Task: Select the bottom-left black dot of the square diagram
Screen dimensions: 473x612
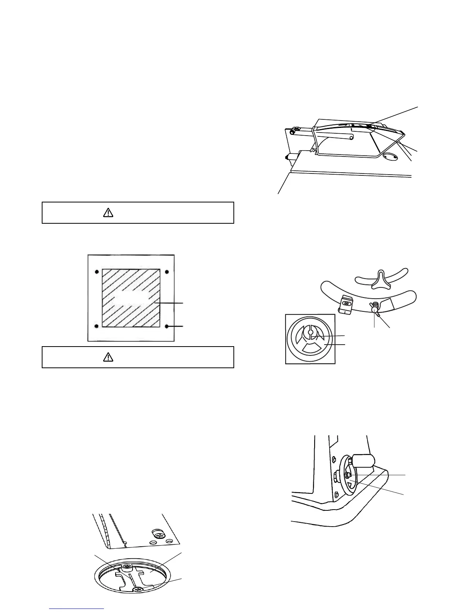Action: (96, 326)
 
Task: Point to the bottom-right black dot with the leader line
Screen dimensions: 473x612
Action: (167, 326)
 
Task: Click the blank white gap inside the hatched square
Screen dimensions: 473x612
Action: (132, 298)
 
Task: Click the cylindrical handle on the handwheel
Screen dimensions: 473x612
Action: (363, 461)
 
